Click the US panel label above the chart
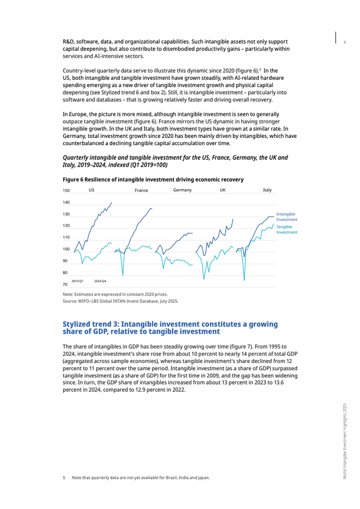point(92,190)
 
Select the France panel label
point(141,191)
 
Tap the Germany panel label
point(183,190)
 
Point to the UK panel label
point(223,190)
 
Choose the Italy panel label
point(267,190)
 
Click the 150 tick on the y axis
point(66,191)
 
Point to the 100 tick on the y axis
point(66,249)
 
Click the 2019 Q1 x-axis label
point(77,281)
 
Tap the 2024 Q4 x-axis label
point(100,281)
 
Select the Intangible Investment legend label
point(286,216)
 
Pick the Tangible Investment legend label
point(286,229)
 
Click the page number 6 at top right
point(345,42)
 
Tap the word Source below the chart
point(70,301)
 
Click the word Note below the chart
point(68,295)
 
